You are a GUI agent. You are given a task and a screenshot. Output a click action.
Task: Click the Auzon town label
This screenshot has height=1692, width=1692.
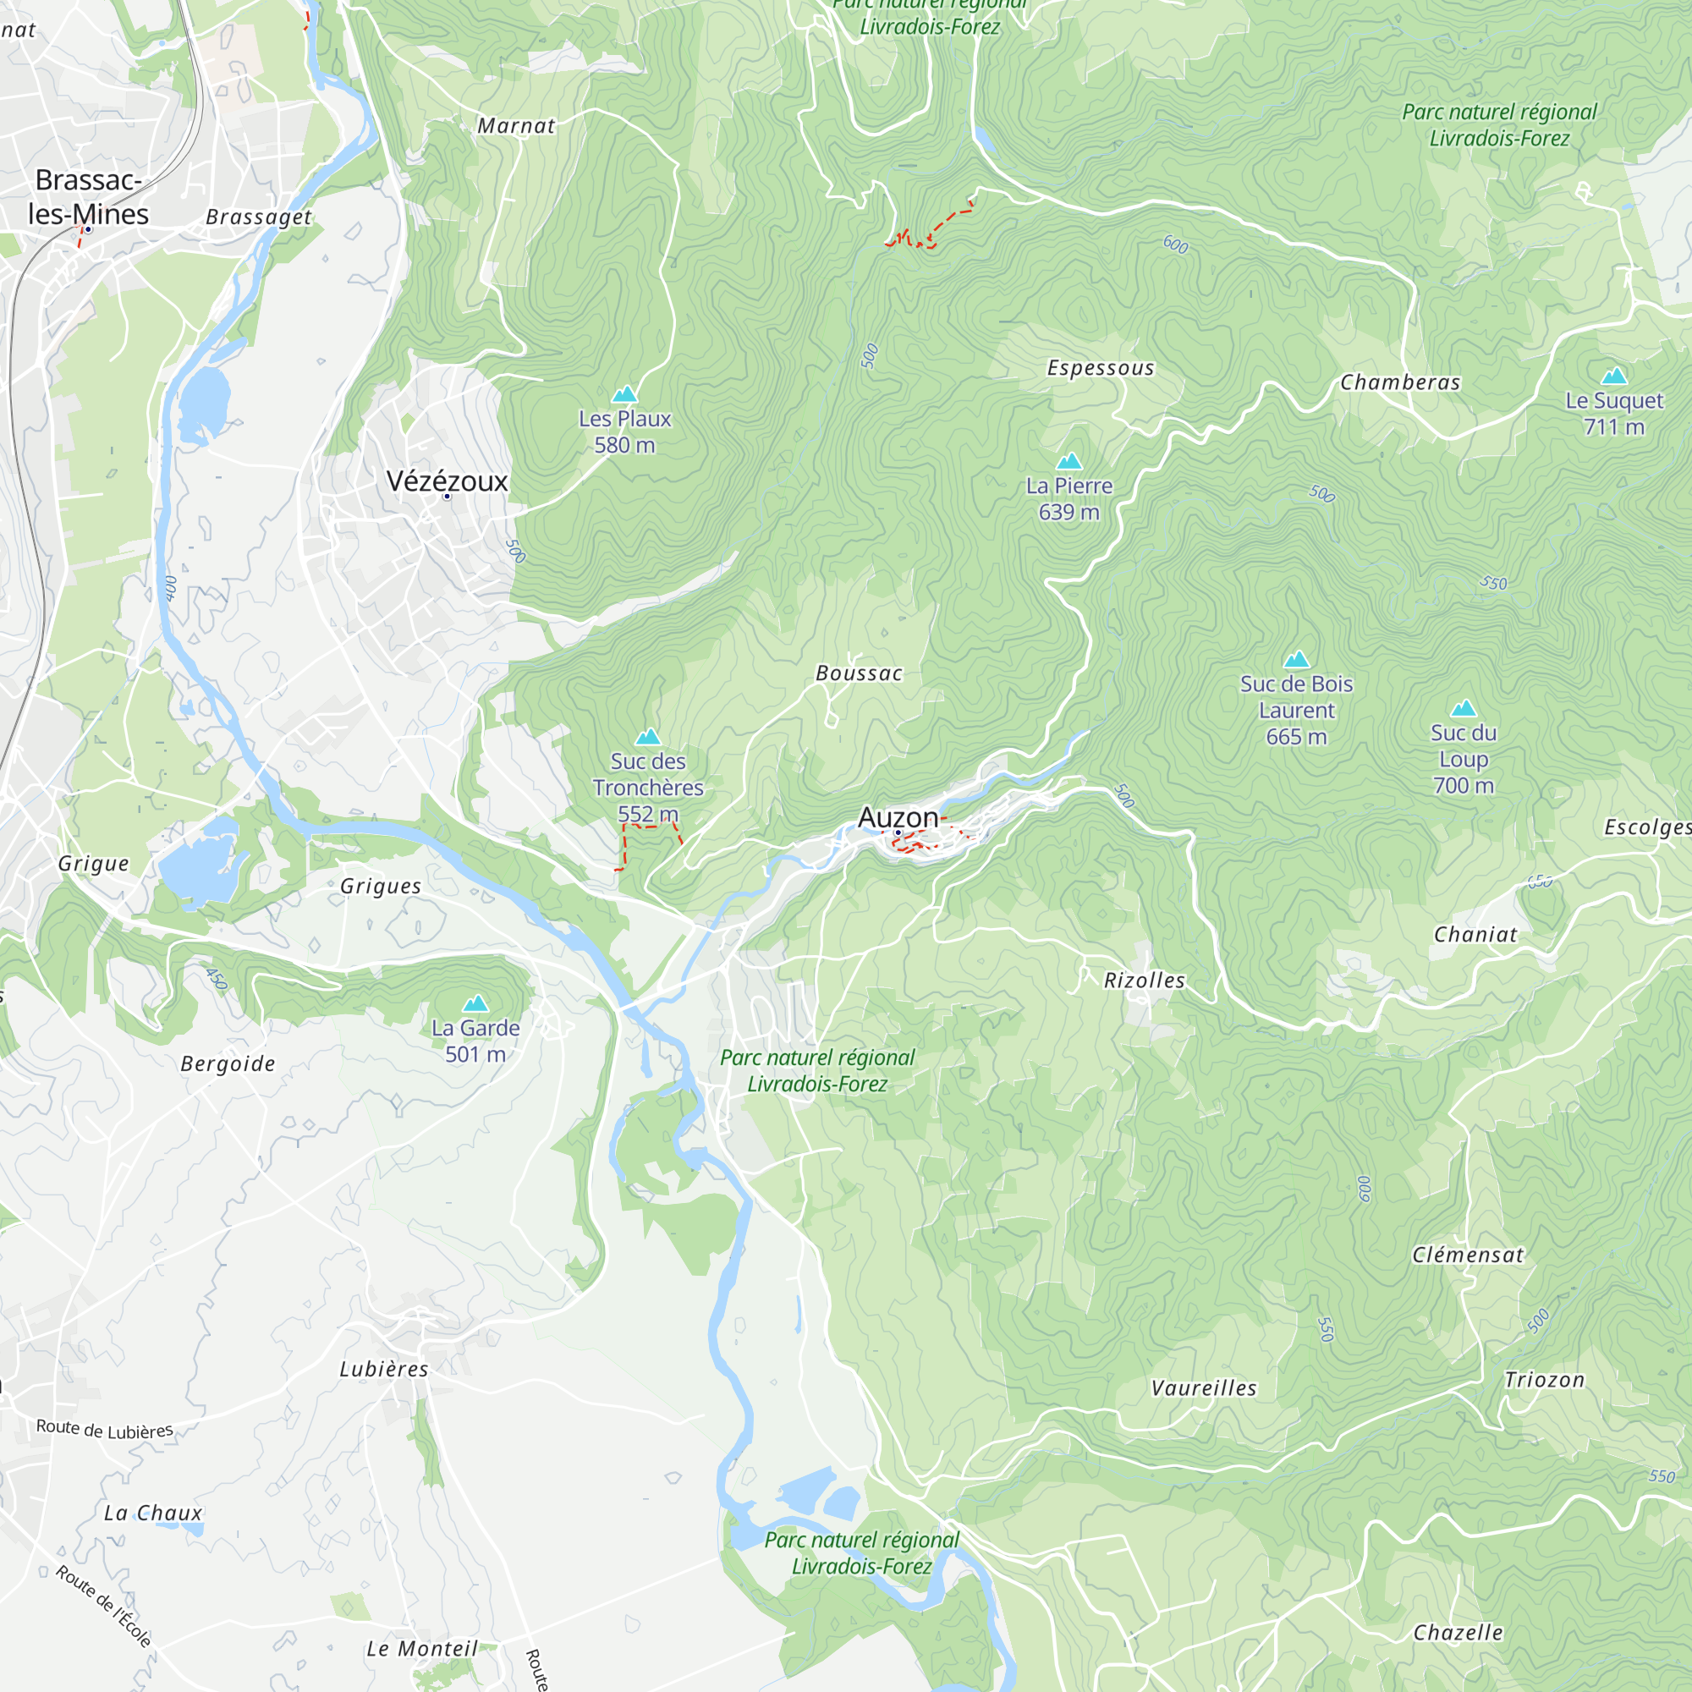pos(898,817)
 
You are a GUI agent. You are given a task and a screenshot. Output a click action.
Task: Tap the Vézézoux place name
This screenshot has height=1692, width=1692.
pos(447,481)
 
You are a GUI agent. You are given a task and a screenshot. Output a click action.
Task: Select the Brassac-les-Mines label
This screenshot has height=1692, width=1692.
pos(88,197)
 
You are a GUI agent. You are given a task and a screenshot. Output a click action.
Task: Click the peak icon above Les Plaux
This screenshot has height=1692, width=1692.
pos(624,394)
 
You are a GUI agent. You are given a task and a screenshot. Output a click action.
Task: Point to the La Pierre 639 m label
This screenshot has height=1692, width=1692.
pos(1068,498)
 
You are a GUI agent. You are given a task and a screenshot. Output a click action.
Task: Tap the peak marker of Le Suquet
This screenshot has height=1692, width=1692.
pos(1614,376)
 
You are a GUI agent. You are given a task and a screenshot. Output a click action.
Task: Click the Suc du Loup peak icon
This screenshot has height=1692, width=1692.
pos(1464,708)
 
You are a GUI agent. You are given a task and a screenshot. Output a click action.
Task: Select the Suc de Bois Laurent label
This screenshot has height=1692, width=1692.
pos(1296,710)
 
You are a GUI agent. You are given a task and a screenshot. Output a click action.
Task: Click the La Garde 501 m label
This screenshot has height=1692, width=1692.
pos(475,1041)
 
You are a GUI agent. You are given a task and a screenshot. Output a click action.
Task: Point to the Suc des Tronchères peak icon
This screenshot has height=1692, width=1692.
pos(648,737)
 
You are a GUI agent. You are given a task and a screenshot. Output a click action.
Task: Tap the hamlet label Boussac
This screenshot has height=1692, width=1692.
pos(858,673)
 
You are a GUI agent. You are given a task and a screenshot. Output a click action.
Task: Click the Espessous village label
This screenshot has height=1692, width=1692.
pos(1100,368)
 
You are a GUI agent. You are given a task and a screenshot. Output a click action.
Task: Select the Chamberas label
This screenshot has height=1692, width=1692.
pos(1399,382)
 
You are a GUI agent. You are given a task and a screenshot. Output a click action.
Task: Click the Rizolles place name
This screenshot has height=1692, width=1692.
pos(1144,981)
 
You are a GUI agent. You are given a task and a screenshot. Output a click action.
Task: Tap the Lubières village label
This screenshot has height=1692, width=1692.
pos(383,1370)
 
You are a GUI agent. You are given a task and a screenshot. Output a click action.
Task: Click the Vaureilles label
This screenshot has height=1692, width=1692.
pos(1203,1388)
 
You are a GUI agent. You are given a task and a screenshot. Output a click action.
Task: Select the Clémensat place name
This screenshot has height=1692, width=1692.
pos(1467,1255)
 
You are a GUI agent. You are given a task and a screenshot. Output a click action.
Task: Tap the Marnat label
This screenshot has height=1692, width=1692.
pos(516,126)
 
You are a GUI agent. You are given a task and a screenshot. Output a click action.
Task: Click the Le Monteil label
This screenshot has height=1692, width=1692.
pos(422,1649)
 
